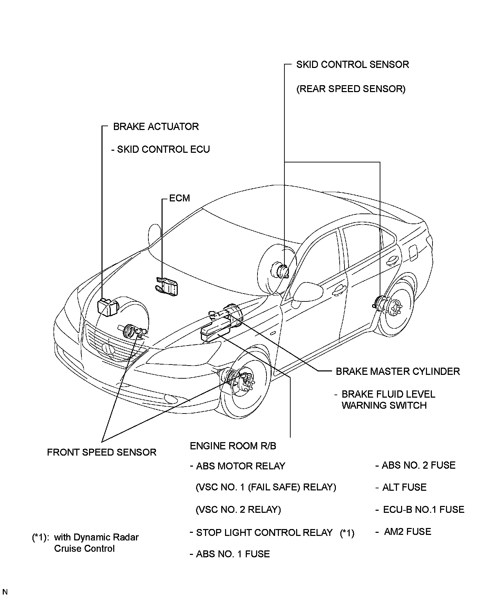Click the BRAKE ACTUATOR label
click(x=156, y=127)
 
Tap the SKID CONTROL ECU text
click(x=163, y=149)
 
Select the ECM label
click(x=179, y=198)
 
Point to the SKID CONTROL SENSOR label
click(x=352, y=64)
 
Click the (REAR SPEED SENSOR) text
click(x=351, y=89)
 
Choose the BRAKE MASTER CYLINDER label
click(x=398, y=371)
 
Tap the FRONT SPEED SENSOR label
click(x=101, y=452)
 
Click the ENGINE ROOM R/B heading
click(x=233, y=446)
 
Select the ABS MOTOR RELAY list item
click(x=241, y=466)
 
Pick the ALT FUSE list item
click(x=404, y=487)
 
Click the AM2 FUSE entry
click(x=407, y=531)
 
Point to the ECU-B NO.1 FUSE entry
click(x=424, y=509)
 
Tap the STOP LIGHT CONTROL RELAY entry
click(x=264, y=532)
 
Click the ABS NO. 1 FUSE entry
click(x=233, y=554)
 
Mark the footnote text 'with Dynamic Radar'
click(x=96, y=537)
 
